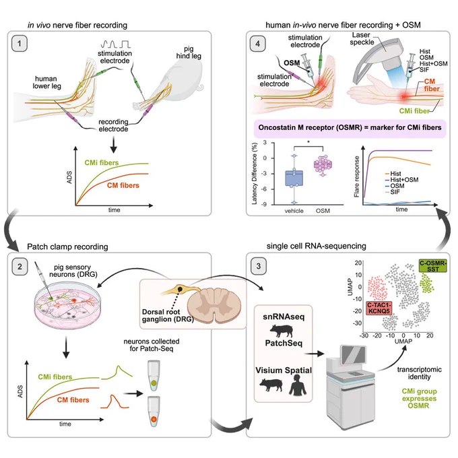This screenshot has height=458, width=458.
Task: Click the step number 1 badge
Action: [x=20, y=44]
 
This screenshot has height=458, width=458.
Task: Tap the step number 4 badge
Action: [x=257, y=44]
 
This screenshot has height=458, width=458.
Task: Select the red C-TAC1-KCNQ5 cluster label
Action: [x=379, y=308]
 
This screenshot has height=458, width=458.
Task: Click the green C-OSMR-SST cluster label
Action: [x=433, y=266]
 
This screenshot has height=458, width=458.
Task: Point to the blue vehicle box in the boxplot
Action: [x=294, y=178]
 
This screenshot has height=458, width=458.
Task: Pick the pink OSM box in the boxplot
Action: [x=323, y=165]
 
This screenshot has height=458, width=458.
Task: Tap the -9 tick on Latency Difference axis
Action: [x=264, y=205]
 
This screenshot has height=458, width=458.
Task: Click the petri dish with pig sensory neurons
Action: [x=67, y=306]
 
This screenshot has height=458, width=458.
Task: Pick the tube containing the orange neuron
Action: [x=154, y=412]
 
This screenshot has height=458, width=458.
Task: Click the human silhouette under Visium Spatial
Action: [x=298, y=385]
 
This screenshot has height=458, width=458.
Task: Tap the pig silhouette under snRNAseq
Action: [x=282, y=331]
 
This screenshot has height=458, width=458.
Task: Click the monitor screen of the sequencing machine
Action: [x=353, y=354]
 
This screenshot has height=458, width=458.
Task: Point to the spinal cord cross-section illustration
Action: [x=214, y=305]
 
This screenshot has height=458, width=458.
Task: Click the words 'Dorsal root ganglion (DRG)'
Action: [x=167, y=315]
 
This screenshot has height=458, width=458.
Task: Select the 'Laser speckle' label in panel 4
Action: [x=362, y=38]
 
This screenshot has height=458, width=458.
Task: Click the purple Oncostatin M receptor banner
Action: [x=350, y=128]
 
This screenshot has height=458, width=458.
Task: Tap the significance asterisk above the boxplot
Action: [x=308, y=142]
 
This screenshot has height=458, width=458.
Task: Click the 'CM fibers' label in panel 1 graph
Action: [x=123, y=185]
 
